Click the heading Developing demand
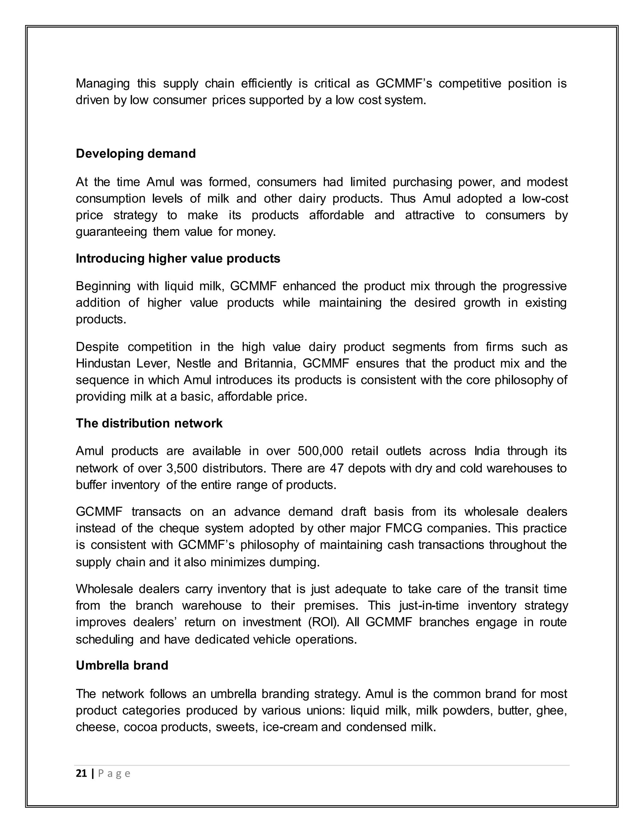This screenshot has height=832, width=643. tap(136, 154)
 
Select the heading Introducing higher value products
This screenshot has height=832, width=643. tap(178, 258)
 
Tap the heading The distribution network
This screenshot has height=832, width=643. tap(149, 423)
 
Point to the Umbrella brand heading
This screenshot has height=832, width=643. tap(122, 666)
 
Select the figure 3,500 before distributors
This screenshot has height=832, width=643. tap(181, 468)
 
